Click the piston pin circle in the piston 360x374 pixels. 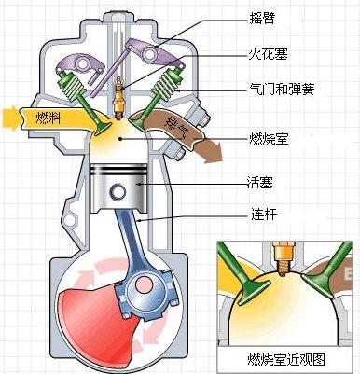pos(119,192)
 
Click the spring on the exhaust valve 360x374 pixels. pos(164,89)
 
